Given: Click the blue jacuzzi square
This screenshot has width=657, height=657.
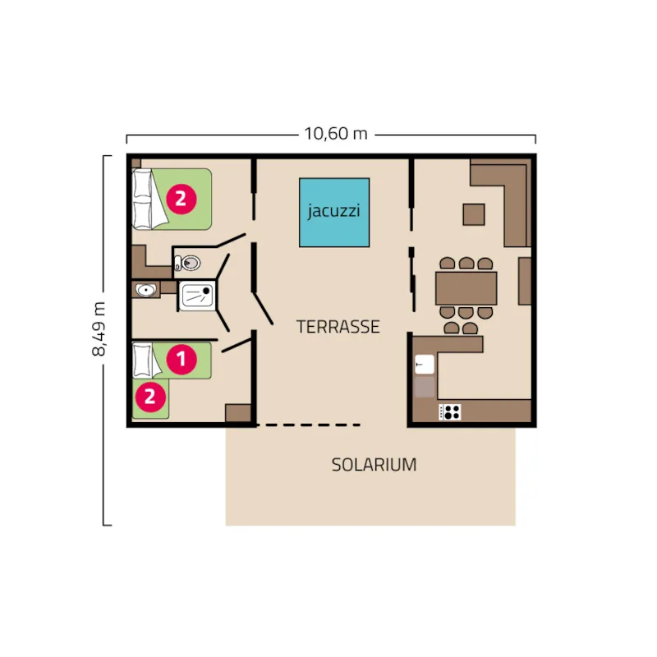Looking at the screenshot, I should coord(333,212).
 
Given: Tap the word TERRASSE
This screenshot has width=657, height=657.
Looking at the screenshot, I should coord(338,327).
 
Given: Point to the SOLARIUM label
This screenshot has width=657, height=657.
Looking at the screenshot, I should coord(374,465).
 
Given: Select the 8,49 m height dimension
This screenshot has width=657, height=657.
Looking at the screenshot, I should coord(100,328).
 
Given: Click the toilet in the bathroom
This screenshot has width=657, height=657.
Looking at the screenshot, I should coord(188,264).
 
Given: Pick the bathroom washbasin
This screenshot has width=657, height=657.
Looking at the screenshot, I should coord(147,290).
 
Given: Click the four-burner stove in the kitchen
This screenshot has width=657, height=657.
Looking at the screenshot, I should coord(451,411).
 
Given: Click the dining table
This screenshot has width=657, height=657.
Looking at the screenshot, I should coord(466,287).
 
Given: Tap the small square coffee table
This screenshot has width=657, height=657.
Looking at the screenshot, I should coord(474,214).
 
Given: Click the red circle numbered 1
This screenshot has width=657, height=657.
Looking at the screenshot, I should coord(181,359).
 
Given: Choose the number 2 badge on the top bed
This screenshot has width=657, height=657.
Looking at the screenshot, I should coord(181,197).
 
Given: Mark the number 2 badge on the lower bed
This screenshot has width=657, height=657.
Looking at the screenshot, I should coord(149,397).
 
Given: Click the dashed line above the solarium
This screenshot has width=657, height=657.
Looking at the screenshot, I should coord(308,425).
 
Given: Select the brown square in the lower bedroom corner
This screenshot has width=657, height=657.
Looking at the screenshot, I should coord(237,413).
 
